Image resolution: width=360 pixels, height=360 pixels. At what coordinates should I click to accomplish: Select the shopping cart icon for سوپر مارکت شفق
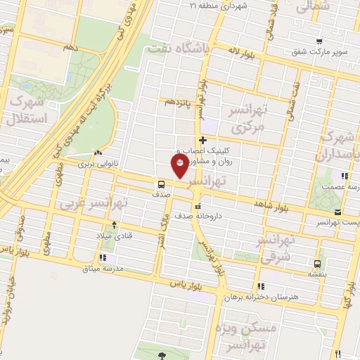(x=320, y=41)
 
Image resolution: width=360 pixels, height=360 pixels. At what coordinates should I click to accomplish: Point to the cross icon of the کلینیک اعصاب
(x=203, y=140)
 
